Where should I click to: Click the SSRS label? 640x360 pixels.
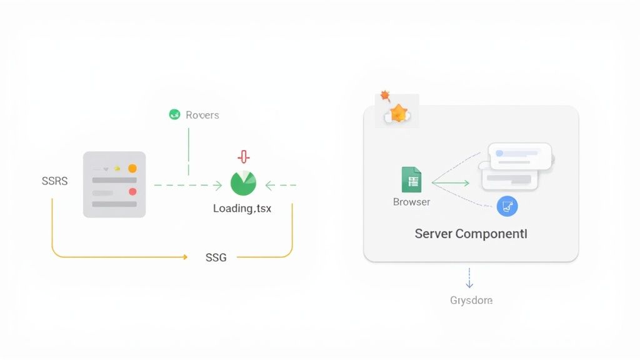pyautogui.click(x=54, y=181)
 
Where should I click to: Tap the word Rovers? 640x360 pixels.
pyautogui.click(x=202, y=115)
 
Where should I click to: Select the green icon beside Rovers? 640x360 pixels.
pyautogui.click(x=174, y=114)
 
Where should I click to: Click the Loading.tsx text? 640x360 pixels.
pyautogui.click(x=242, y=208)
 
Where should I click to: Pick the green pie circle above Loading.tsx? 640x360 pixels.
pyautogui.click(x=243, y=183)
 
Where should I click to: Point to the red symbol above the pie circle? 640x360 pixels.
pyautogui.click(x=243, y=157)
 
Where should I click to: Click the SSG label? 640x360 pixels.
pyautogui.click(x=216, y=257)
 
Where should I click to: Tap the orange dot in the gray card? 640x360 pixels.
pyautogui.click(x=132, y=168)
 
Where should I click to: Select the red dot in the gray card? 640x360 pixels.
pyautogui.click(x=132, y=192)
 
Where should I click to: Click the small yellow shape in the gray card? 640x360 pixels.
pyautogui.click(x=116, y=168)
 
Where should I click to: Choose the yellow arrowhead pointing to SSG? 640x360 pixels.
pyautogui.click(x=184, y=257)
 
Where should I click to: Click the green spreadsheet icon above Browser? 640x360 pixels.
pyautogui.click(x=411, y=180)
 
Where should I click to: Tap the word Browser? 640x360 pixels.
pyautogui.click(x=411, y=202)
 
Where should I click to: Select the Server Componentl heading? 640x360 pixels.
pyautogui.click(x=471, y=234)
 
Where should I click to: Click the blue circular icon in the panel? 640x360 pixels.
pyautogui.click(x=507, y=206)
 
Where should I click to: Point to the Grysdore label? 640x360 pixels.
pyautogui.click(x=471, y=301)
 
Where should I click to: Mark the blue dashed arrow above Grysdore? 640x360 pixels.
pyautogui.click(x=469, y=277)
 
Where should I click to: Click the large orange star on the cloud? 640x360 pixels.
pyautogui.click(x=398, y=113)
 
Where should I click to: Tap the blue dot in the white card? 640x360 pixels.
pyautogui.click(x=499, y=153)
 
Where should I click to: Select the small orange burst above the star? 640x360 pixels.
pyautogui.click(x=385, y=96)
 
